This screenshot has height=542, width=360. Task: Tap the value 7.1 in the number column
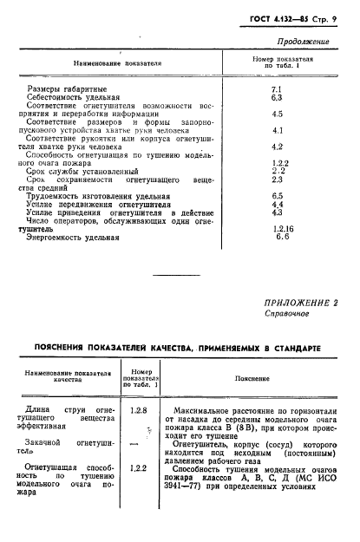click(278, 89)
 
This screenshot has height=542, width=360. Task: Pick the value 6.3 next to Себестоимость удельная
click(278, 98)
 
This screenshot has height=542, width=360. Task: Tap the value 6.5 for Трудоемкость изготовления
click(278, 196)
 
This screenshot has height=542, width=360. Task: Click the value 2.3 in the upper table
click(278, 180)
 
